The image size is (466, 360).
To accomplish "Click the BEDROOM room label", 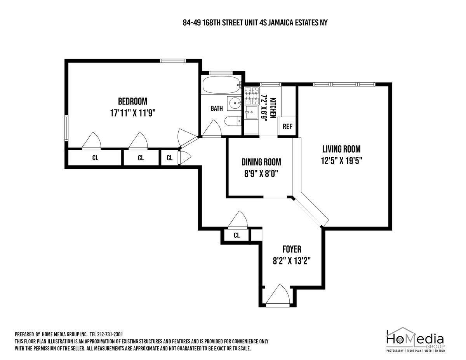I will (132, 101).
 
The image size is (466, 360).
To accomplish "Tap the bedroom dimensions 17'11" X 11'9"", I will (132, 113).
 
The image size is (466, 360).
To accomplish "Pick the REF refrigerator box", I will (287, 126).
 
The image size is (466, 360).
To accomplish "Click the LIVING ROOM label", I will (341, 149).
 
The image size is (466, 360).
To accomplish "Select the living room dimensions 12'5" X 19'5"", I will (341, 161).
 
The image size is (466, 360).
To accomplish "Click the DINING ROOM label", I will (261, 162).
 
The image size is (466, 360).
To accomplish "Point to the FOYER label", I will (292, 249).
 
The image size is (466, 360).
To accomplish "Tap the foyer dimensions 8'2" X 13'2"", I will (292, 261).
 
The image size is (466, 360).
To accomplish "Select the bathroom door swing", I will (212, 129).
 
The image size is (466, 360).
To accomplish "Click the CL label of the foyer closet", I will (236, 235).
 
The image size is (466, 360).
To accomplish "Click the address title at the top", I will (255, 23).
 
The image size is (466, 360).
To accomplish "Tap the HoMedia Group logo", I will (415, 340).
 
